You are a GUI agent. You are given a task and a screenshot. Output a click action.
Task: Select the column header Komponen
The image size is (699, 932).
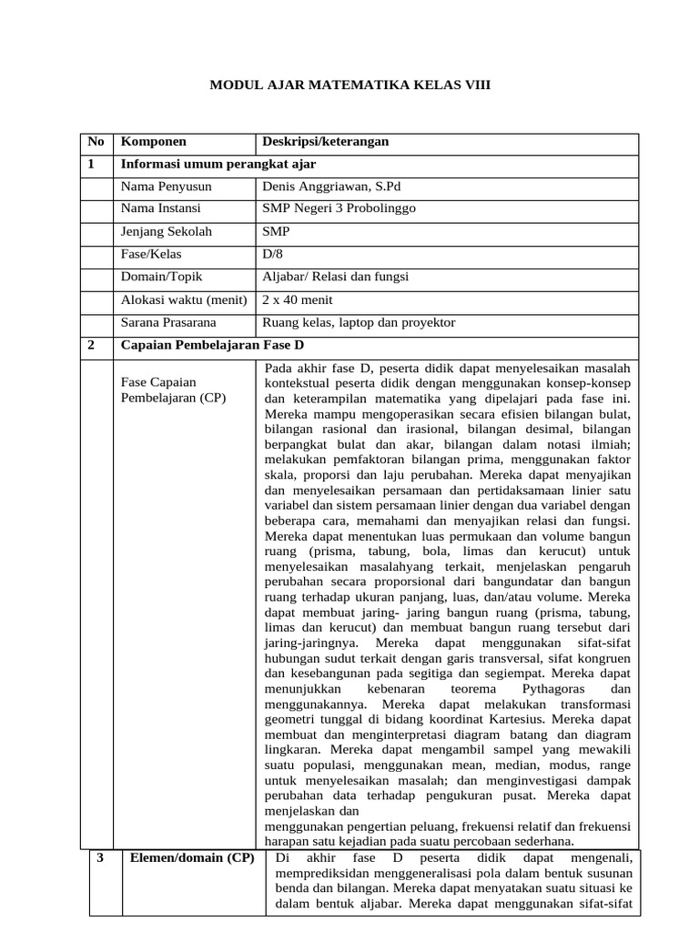pos(154,142)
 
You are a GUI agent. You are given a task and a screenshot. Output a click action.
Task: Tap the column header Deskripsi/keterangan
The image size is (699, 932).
pos(325,142)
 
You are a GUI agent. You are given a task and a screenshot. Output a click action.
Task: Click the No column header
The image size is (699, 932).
pos(96,142)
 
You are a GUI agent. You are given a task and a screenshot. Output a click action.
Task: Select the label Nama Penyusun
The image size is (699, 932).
pos(167,187)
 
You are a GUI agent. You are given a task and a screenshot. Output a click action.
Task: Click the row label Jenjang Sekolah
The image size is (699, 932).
pos(167,231)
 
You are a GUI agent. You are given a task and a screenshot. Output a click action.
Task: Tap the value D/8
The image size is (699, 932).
pos(273,254)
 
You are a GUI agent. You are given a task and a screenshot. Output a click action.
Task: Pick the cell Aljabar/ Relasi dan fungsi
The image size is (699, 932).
pos(335,277)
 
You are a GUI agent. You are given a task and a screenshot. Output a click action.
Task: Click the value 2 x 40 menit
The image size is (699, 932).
pos(298,299)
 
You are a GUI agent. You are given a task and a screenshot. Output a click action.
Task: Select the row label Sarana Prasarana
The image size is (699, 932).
pos(168,322)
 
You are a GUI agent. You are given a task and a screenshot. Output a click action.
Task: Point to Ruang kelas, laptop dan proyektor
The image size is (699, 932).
pos(359,322)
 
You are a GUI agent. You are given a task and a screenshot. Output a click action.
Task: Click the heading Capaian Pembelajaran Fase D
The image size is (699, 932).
pos(213,345)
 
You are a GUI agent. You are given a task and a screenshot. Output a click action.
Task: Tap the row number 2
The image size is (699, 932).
pos(92,345)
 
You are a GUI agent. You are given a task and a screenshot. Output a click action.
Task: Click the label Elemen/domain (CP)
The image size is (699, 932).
pos(190,857)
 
